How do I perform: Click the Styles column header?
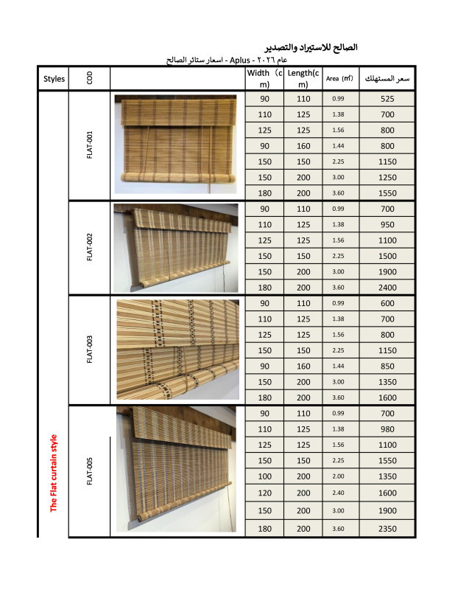coord(54,79)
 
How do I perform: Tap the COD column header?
coord(89,79)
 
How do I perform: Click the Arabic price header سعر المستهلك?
coord(388,79)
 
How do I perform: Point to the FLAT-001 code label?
coord(89,145)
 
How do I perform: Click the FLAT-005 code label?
coord(89,471)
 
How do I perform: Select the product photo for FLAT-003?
coord(177,349)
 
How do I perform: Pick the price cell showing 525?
coord(388,99)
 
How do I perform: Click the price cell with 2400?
coord(388,287)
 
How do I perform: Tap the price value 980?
coord(388,429)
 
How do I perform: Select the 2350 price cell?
coord(388,529)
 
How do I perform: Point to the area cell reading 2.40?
coord(339,493)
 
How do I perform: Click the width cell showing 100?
coord(264,476)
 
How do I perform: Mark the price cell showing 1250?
coord(388,177)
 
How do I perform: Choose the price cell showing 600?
coord(388,303)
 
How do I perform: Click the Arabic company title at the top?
coord(309,46)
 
